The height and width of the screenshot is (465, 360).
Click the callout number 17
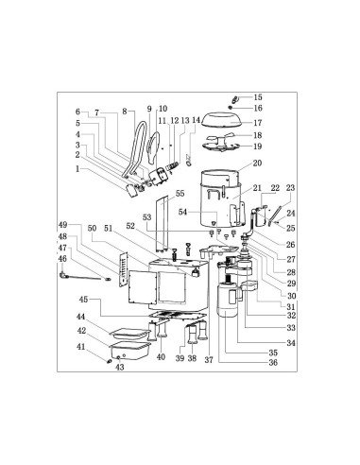click(x=258, y=123)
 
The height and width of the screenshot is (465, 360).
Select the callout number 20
click(x=257, y=163)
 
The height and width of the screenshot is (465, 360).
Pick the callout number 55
click(x=180, y=193)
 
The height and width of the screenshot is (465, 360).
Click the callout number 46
click(x=64, y=258)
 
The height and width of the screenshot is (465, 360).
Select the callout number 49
click(x=63, y=225)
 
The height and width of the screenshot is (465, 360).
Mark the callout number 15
click(x=259, y=97)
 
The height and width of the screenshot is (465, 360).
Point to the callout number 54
click(x=183, y=212)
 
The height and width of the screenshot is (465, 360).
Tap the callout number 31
click(x=292, y=305)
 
